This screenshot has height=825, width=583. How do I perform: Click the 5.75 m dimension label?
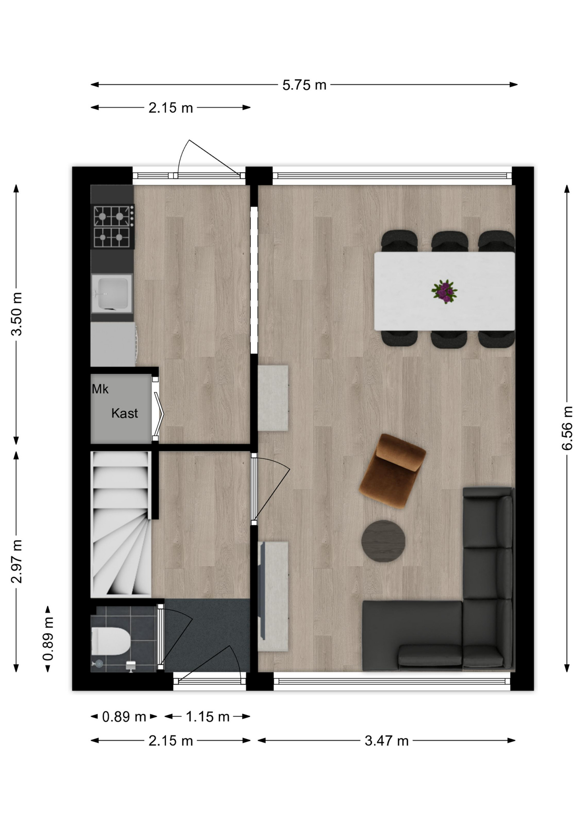[x=304, y=85]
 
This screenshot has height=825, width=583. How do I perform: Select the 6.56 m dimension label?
[x=567, y=428]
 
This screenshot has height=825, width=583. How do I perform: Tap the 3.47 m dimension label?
[x=386, y=741]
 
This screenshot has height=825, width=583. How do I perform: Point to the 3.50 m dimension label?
[x=17, y=314]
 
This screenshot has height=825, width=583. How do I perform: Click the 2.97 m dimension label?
[x=17, y=561]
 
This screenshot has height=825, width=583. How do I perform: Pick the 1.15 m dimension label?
[x=207, y=717]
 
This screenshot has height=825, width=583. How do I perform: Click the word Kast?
[x=124, y=413]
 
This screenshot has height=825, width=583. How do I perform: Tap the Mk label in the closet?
[x=100, y=389]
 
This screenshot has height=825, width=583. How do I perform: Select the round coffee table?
[x=383, y=541]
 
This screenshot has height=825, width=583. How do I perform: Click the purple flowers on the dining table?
[x=444, y=291]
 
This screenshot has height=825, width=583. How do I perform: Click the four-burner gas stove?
[x=112, y=226]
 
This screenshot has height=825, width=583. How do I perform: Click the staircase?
[x=121, y=524]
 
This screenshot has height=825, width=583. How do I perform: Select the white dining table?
[x=444, y=291]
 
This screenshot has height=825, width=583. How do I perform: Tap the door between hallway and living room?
[x=271, y=489]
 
